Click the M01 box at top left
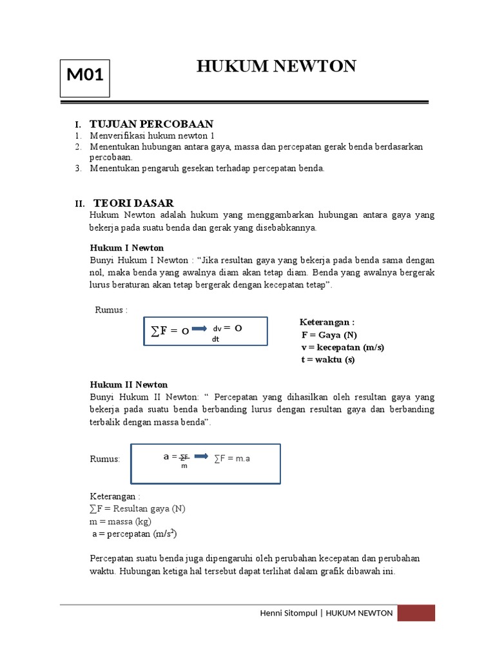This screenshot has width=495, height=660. pyautogui.click(x=85, y=76)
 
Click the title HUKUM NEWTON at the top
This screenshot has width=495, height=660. pyautogui.click(x=276, y=66)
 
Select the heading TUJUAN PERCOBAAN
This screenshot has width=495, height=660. pyautogui.click(x=151, y=124)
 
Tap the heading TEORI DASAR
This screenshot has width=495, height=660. pyautogui.click(x=133, y=203)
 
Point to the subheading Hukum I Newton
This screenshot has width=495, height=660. pyautogui.click(x=126, y=247)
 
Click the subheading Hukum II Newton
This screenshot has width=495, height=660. pyautogui.click(x=128, y=384)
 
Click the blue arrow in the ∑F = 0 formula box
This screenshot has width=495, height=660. pyautogui.click(x=200, y=331)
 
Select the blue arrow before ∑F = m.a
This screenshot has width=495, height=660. pyautogui.click(x=201, y=456)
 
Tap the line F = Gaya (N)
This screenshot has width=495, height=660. pyautogui.click(x=329, y=335)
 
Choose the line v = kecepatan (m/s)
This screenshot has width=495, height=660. pyautogui.click(x=342, y=347)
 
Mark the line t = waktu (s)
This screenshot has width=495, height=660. pyautogui.click(x=328, y=360)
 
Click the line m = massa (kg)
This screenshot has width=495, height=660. pyautogui.click(x=121, y=521)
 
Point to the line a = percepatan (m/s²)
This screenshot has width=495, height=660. pyautogui.click(x=133, y=534)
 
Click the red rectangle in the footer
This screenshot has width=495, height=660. pyautogui.click(x=416, y=613)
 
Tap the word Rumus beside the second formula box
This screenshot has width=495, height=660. pyautogui.click(x=104, y=458)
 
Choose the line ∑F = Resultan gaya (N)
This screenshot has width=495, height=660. pyautogui.click(x=137, y=509)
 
